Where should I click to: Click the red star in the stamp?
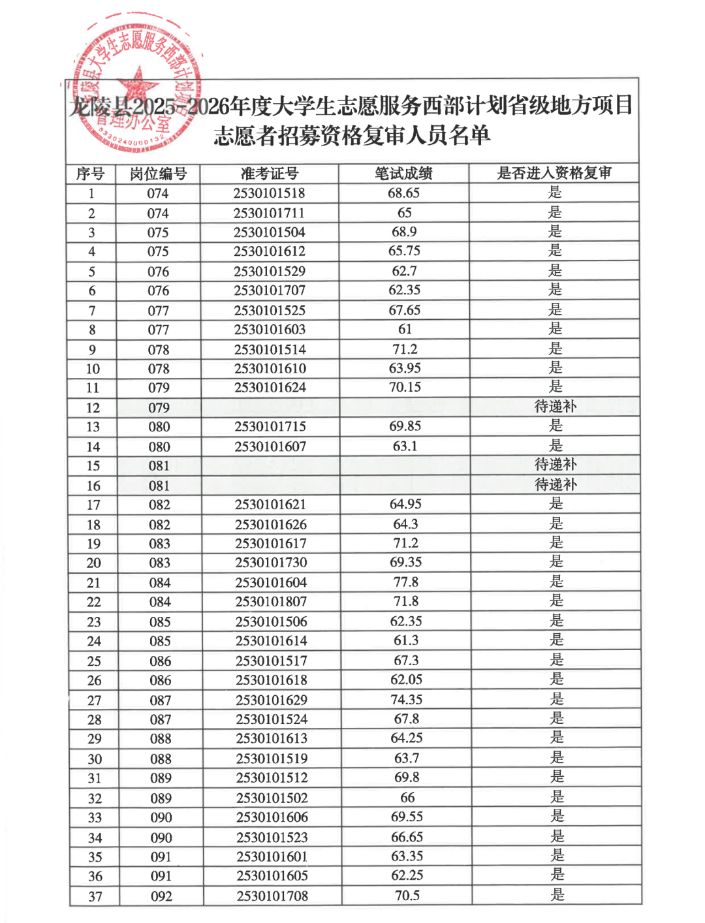[x=138, y=86]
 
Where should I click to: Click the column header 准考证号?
[x=270, y=174]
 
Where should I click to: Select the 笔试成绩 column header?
[x=403, y=174]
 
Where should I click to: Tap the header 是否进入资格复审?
[x=554, y=173]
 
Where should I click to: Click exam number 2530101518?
[x=269, y=193]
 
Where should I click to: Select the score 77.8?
[x=405, y=582]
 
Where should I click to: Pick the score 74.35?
[x=406, y=699]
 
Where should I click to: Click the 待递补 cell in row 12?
[x=556, y=407]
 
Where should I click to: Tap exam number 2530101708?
[x=272, y=896]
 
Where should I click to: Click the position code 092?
[x=161, y=896]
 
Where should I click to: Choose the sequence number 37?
[x=95, y=896]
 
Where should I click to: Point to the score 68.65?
[x=403, y=193]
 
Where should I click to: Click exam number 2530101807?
[x=271, y=601]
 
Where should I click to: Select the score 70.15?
[x=405, y=387]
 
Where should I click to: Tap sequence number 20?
[x=93, y=563]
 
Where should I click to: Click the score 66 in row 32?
[x=407, y=798]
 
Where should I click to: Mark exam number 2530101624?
[x=270, y=387]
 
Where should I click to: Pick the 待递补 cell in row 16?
[x=556, y=484]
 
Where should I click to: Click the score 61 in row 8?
[x=405, y=329]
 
